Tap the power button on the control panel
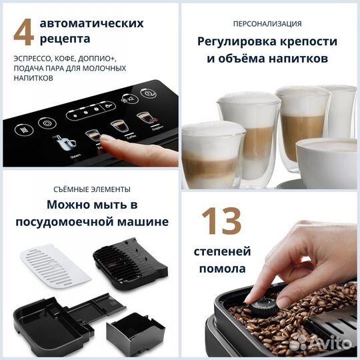46,123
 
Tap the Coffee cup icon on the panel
118,125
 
